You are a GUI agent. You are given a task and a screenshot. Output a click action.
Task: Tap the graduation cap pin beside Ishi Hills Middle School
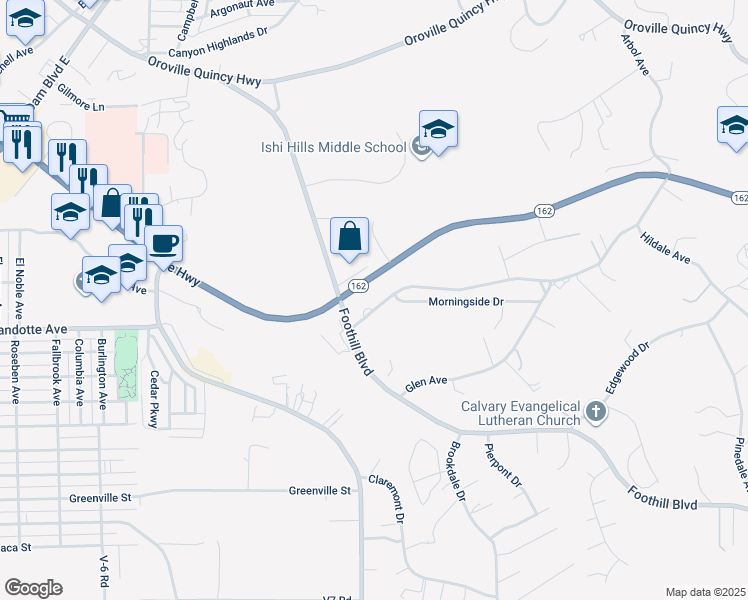[438, 129]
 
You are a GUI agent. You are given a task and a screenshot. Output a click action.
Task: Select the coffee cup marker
[163, 243]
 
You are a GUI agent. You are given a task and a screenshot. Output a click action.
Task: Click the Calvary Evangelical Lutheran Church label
[521, 413]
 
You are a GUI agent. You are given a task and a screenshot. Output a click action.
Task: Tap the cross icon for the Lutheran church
[595, 411]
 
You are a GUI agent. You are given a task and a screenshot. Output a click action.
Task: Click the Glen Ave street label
[425, 381]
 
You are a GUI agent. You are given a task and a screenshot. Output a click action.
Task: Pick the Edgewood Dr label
[627, 368]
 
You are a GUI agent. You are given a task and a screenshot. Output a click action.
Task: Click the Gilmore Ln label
[82, 106]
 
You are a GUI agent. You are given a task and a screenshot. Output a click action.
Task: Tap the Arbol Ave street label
[635, 54]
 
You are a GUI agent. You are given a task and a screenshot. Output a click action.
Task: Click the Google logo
[33, 588]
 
